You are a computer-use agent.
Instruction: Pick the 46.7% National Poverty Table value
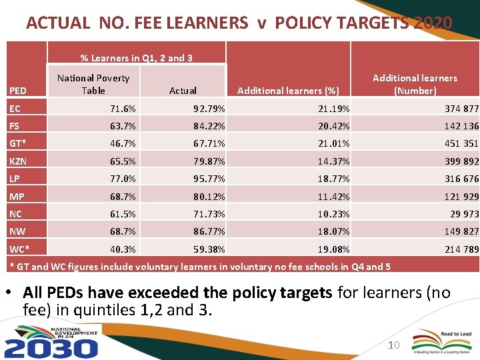point(123,143)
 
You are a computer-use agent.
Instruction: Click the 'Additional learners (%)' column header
point(288,91)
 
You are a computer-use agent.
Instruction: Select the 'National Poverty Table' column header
point(93,84)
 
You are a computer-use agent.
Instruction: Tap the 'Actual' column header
point(183,91)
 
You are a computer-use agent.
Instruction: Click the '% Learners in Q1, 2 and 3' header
point(137,58)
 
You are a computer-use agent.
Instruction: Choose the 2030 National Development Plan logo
point(51,341)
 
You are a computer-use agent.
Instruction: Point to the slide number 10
point(393,345)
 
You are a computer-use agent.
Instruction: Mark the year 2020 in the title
point(433,23)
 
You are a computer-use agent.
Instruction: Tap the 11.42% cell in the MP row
point(334,197)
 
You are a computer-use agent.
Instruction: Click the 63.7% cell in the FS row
point(123,126)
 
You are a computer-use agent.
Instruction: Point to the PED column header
point(18,91)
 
